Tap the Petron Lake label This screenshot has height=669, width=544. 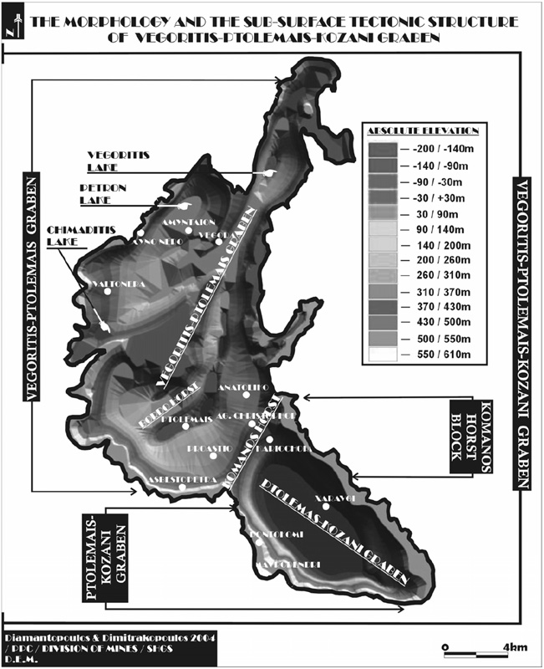pos(102,194)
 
